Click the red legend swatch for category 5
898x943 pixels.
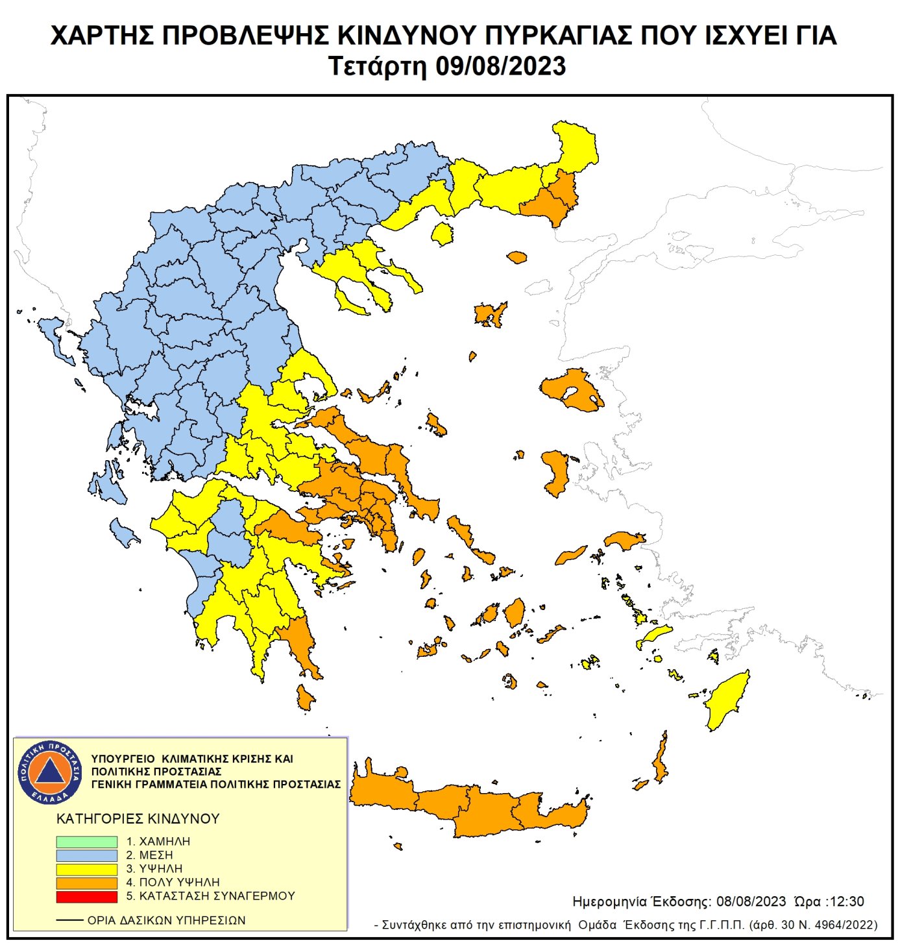[86, 896]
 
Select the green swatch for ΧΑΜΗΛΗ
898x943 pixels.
[86, 841]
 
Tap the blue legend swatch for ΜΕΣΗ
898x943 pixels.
[86, 855]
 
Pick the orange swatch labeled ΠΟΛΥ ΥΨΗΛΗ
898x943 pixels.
[86, 883]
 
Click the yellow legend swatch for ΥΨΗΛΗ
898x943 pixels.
[86, 869]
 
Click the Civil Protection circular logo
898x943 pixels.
[49, 772]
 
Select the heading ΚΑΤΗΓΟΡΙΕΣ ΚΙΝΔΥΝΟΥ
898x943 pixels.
[138, 818]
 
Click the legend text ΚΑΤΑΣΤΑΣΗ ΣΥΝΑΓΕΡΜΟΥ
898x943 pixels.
[217, 896]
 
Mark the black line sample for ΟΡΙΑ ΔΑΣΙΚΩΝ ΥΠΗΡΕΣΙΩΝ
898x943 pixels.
[69, 920]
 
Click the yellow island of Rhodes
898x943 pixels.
[728, 701]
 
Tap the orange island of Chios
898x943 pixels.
[557, 472]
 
